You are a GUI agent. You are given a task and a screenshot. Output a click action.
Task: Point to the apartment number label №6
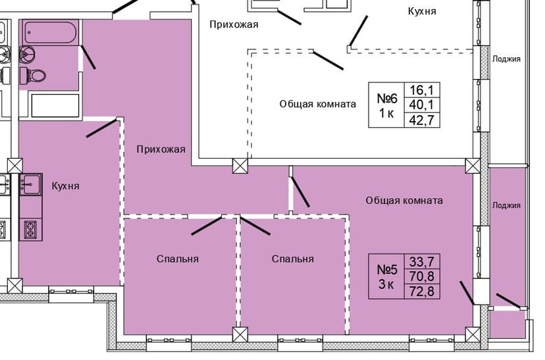[x=387, y=98]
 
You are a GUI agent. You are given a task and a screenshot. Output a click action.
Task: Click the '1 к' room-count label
[x=386, y=113]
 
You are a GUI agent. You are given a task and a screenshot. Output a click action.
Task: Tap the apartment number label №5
[x=387, y=269]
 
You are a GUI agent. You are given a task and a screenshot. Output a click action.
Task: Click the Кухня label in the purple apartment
[x=65, y=186]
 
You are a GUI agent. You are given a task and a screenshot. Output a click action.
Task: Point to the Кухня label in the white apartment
[x=422, y=11]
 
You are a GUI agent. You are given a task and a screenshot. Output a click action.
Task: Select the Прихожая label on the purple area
[x=161, y=149]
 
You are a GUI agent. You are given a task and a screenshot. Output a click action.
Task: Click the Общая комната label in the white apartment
[x=317, y=104]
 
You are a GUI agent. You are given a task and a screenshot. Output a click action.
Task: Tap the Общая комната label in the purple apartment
[x=404, y=201]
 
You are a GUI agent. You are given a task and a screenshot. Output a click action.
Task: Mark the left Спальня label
[x=178, y=259]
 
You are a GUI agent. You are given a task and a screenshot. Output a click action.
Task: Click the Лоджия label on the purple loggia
[x=506, y=205]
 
